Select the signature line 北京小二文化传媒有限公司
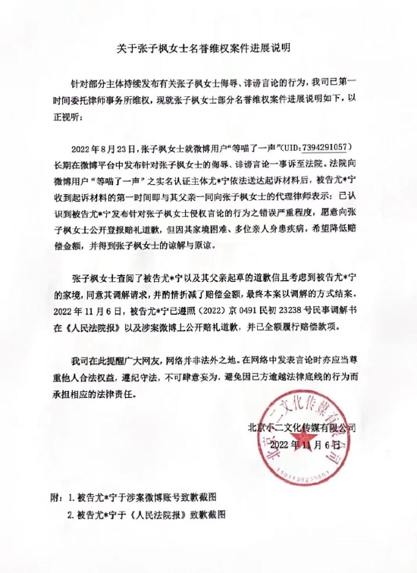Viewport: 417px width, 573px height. pyautogui.click(x=302, y=427)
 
